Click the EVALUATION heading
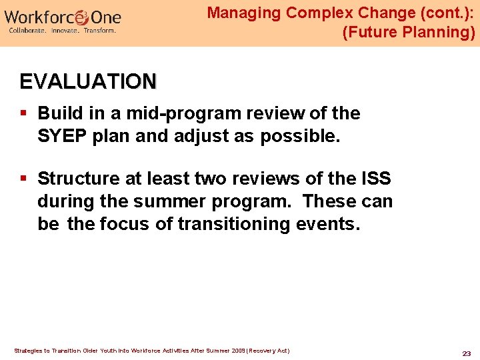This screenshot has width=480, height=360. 88,81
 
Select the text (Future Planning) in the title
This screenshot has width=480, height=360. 408,32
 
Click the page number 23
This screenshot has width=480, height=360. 466,353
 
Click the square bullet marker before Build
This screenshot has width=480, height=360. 24,113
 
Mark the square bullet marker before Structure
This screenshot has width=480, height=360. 24,179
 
